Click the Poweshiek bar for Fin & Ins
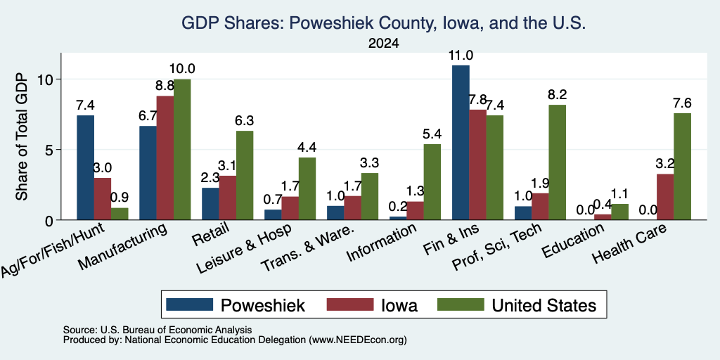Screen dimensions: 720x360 tap(461, 143)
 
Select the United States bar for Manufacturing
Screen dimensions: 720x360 tap(182, 150)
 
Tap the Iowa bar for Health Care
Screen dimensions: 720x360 tap(665, 197)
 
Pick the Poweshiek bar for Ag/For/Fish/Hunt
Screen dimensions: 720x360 tap(85, 167)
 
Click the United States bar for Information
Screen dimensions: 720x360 tap(432, 182)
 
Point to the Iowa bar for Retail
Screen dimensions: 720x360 tap(227, 198)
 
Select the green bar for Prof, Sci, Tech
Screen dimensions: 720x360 tap(557, 162)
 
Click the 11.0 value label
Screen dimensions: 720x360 tap(461, 56)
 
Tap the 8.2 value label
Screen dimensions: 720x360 tap(558, 95)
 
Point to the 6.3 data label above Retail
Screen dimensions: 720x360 tap(245, 121)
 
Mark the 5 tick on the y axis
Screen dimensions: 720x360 tap(51, 150)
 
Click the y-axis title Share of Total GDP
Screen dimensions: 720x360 tap(22, 137)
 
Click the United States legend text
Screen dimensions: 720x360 tap(544, 305)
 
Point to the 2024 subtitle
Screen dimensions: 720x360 tap(383, 44)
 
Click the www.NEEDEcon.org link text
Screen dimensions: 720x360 tap(358, 340)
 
